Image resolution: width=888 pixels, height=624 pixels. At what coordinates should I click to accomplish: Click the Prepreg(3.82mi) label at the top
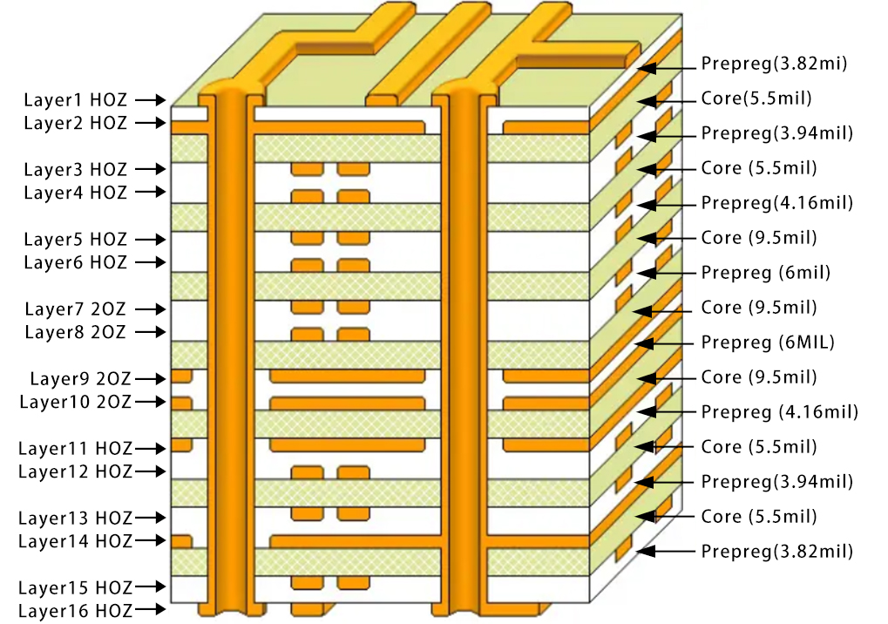[x=774, y=64]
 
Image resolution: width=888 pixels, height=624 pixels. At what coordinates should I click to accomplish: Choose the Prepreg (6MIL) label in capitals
[x=768, y=343]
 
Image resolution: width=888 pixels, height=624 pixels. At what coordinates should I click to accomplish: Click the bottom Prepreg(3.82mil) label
[x=776, y=552]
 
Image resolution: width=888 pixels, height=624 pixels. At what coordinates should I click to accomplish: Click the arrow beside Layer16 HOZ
[x=150, y=610]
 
